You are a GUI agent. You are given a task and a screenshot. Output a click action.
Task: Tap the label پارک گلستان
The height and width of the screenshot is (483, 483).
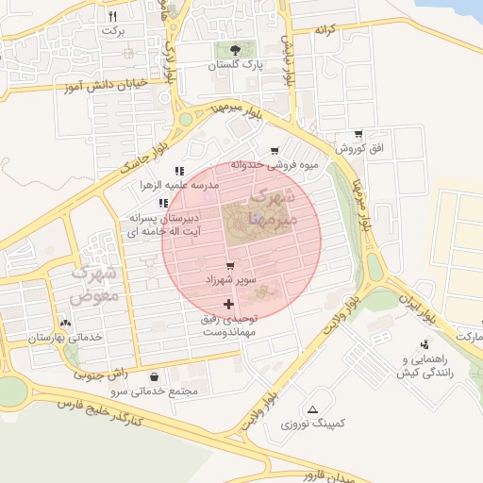235,67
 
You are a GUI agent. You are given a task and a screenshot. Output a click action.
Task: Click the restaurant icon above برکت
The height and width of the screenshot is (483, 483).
113,16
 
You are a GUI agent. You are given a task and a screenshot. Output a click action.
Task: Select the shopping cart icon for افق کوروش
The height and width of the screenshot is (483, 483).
358,134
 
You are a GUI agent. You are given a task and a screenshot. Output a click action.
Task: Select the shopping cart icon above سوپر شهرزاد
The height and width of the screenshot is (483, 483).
230,266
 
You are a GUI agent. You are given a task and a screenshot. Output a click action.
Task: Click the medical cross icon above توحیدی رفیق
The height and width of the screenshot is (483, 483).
228,304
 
